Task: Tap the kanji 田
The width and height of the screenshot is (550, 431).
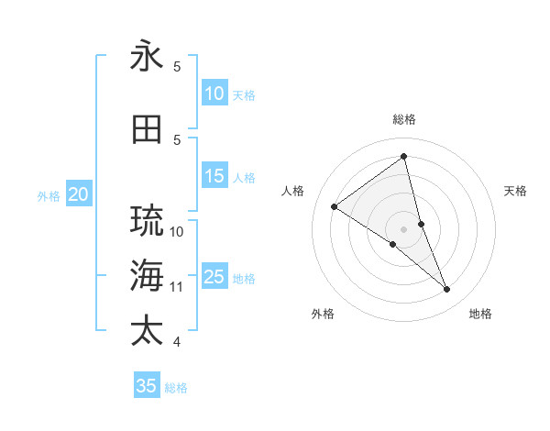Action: pos(147,129)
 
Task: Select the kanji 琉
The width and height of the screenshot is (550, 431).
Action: pos(147,220)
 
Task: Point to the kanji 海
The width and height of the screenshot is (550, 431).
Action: pos(147,274)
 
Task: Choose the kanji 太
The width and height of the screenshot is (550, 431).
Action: pos(147,330)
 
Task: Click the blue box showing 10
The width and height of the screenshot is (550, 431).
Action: pos(214,94)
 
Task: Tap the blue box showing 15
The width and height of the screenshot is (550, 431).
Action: pos(214,176)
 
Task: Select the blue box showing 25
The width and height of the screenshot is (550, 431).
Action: pos(214,277)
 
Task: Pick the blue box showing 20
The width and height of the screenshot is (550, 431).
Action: pos(79,194)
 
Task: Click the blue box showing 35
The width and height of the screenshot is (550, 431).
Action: pos(147,386)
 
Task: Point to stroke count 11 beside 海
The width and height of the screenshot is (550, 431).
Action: pos(177,287)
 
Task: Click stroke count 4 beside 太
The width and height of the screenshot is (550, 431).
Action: pos(177,342)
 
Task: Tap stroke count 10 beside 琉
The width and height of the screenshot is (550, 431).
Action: pos(177,231)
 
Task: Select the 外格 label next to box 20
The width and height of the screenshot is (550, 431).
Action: pos(49,195)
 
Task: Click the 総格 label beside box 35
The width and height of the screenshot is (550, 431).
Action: pos(176,387)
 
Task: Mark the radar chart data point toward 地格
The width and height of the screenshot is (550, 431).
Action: pos(447,290)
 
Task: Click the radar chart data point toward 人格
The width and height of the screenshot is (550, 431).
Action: pos(335,206)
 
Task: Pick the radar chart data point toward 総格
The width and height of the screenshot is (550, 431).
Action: pos(403,156)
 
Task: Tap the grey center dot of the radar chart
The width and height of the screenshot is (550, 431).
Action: pos(403,228)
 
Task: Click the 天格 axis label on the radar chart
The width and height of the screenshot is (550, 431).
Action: pos(516,191)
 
